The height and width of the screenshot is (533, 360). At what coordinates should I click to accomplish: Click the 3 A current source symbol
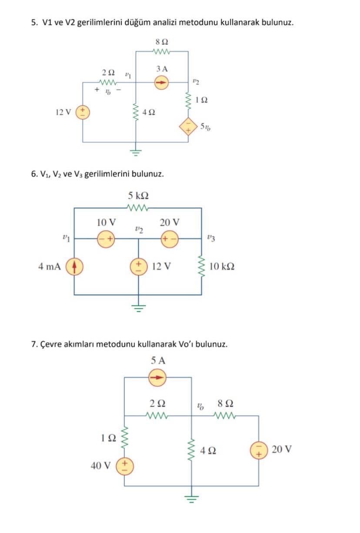point(162,82)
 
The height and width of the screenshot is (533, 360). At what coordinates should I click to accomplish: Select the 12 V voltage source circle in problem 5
point(83,113)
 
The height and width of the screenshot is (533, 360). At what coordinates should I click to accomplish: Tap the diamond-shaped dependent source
point(188,126)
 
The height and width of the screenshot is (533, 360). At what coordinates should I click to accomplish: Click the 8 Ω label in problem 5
point(162,42)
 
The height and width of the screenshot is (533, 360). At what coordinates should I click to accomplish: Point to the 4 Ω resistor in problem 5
point(136,112)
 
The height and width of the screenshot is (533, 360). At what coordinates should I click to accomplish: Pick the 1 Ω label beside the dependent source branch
point(201,100)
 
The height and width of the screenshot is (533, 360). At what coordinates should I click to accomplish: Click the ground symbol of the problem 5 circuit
point(136,152)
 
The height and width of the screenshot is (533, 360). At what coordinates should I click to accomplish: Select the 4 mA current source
point(74,266)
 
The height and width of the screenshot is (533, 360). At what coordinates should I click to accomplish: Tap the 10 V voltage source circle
point(106,238)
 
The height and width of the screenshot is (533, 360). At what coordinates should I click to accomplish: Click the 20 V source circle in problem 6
point(170,238)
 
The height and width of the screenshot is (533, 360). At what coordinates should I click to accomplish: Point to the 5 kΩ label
point(139,195)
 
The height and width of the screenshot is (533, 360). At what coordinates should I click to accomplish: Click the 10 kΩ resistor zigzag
point(201,266)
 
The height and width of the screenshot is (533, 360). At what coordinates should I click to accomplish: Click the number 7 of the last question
point(33,344)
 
